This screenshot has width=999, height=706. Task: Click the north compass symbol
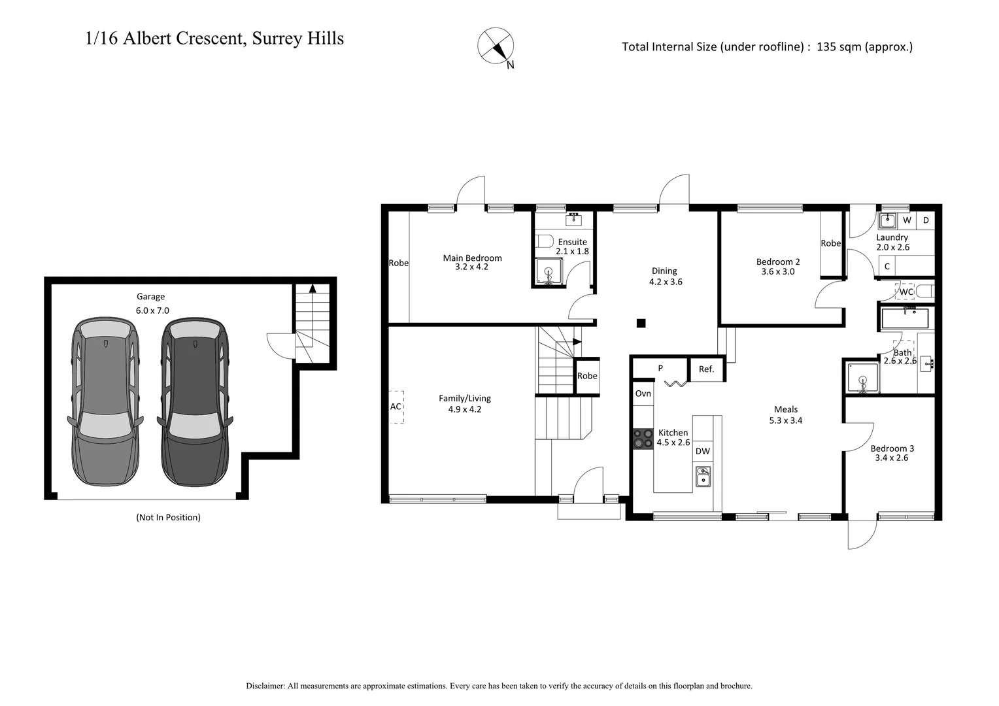(x=496, y=46)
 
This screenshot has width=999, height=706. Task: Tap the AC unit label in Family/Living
(x=396, y=407)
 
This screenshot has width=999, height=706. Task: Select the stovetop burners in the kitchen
(x=642, y=438)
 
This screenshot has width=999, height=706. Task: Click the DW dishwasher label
(x=702, y=451)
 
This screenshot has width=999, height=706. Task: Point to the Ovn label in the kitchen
(x=643, y=394)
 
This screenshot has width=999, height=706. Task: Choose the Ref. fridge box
(x=706, y=369)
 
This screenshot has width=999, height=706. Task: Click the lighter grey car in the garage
(x=105, y=402)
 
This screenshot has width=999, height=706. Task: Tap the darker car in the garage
(x=195, y=402)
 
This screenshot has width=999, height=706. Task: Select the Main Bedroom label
(x=472, y=258)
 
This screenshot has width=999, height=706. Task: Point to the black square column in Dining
(x=641, y=322)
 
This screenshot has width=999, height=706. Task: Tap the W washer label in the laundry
(x=907, y=220)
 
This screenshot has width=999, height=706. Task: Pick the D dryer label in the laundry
(x=926, y=220)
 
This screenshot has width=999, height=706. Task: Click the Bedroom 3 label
(x=892, y=448)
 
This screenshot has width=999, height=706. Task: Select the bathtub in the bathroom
(x=905, y=318)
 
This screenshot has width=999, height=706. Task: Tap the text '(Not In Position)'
(x=168, y=517)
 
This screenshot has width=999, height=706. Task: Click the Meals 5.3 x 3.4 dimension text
(x=785, y=420)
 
